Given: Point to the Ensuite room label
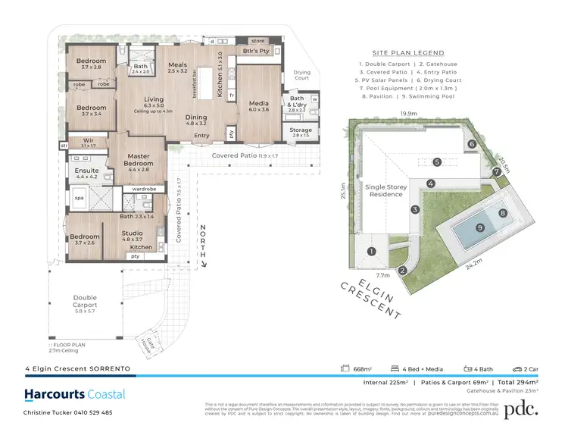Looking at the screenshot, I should [x=86, y=171].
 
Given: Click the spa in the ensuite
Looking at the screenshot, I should [x=79, y=198].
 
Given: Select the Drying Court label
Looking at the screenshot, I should [x=301, y=74].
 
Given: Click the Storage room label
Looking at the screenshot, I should [x=301, y=130].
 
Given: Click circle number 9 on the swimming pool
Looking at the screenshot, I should [x=479, y=227].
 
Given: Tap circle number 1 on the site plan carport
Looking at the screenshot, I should [x=371, y=251].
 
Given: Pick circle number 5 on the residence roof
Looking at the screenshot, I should [x=436, y=161].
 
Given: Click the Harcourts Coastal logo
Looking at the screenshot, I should [x=75, y=395].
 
